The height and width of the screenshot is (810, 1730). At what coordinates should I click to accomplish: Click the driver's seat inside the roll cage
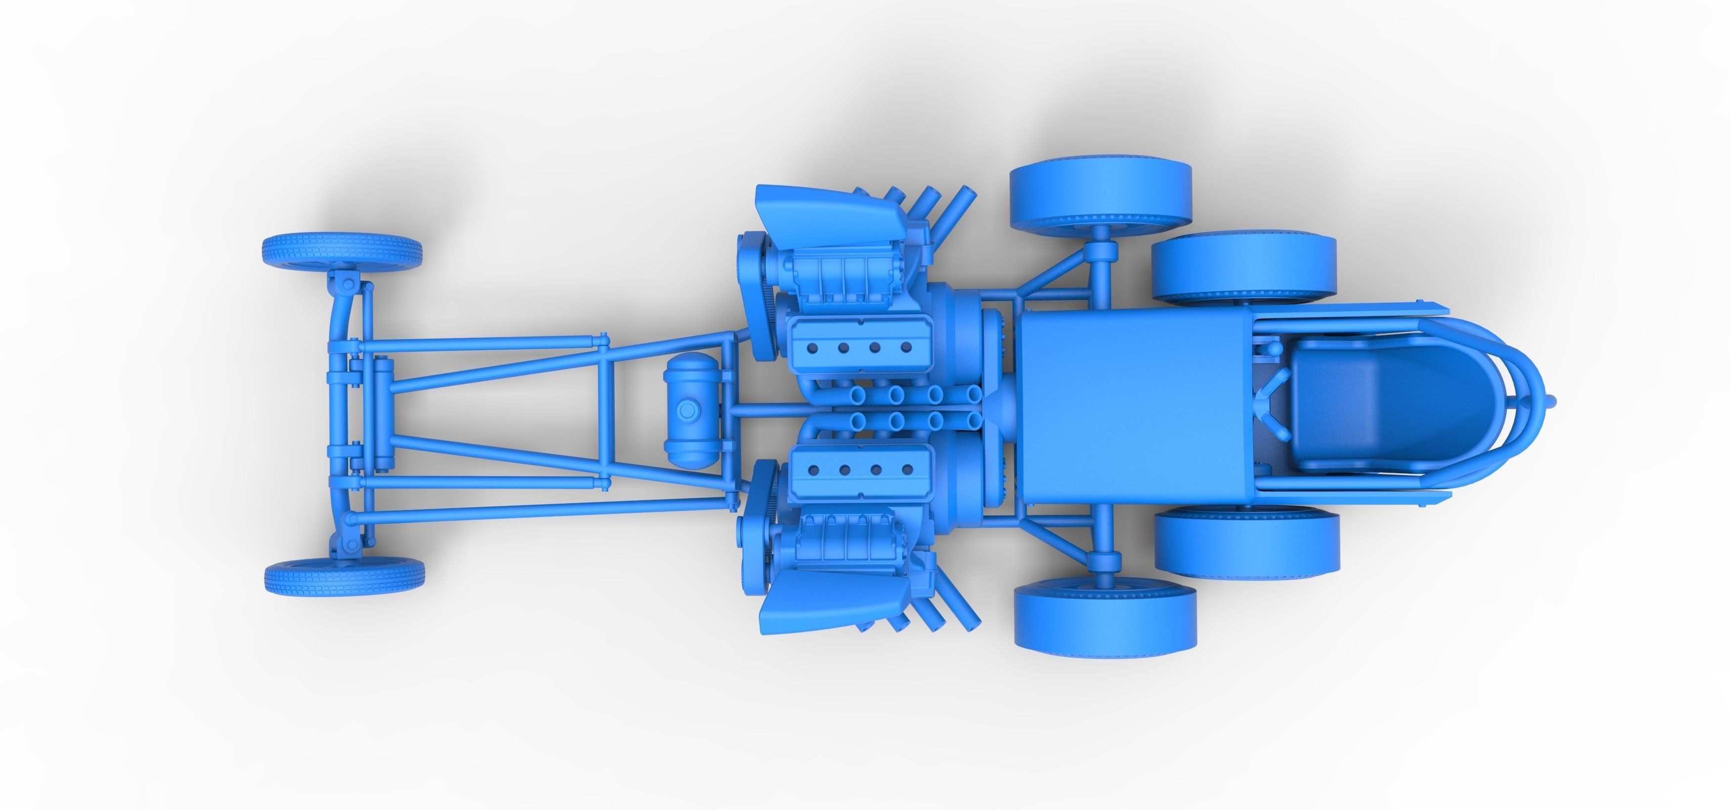pyautogui.click(x=1350, y=402)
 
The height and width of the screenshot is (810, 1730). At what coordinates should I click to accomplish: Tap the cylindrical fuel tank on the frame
pyautogui.click(x=687, y=411)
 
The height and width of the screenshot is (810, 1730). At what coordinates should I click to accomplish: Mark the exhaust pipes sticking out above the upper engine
pyautogui.click(x=937, y=202)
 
